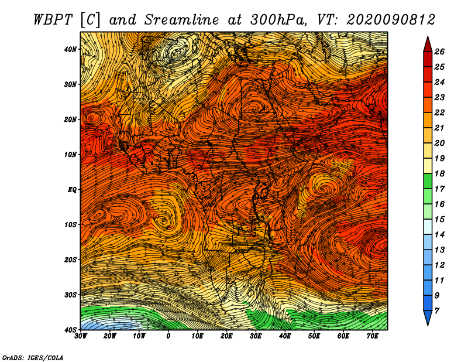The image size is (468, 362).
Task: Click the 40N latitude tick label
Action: pyautogui.click(x=70, y=49)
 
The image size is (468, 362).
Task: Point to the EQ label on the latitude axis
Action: pyautogui.click(x=72, y=190)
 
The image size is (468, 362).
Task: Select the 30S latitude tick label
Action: pyautogui.click(x=70, y=295)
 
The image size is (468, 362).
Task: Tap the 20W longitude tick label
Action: pyautogui.click(x=109, y=336)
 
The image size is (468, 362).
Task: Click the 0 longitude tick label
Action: pyautogui.click(x=168, y=336)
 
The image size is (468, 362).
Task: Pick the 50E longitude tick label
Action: pyautogui.click(x=314, y=336)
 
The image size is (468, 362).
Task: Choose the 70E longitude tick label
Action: pyautogui.click(x=372, y=336)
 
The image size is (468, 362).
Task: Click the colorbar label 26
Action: pyautogui.click(x=439, y=52)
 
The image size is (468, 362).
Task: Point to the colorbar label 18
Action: pyautogui.click(x=439, y=173)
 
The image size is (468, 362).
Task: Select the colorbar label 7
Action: pyautogui.click(x=437, y=311)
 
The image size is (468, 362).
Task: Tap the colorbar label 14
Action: pyautogui.click(x=439, y=235)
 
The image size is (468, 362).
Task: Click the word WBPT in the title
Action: pyautogui.click(x=53, y=20)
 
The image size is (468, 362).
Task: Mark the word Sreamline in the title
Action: pyautogui.click(x=181, y=20)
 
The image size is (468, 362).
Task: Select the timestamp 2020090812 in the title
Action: pyautogui.click(x=391, y=20)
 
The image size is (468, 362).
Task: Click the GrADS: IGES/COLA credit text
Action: pyautogui.click(x=33, y=357)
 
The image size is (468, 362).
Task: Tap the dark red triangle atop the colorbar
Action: pyautogui.click(x=428, y=45)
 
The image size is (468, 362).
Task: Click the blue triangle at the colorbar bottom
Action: pyautogui.click(x=428, y=318)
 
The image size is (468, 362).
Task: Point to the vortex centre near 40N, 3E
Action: pyautogui.click(x=177, y=53)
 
